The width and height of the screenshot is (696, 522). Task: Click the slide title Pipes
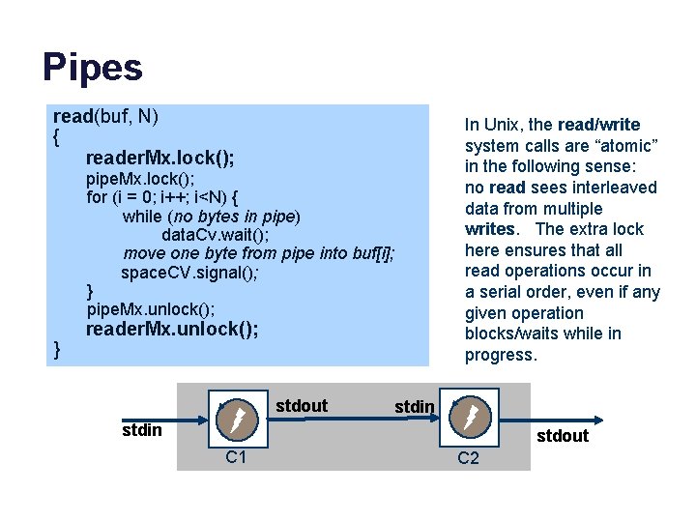(x=93, y=68)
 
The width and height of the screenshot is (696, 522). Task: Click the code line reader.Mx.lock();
(x=159, y=158)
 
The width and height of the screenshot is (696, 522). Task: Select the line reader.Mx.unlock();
(x=172, y=330)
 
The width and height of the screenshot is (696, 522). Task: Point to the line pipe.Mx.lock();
(x=140, y=179)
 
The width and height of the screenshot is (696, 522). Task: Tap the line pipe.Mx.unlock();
(x=151, y=308)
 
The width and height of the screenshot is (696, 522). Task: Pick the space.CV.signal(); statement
(x=189, y=273)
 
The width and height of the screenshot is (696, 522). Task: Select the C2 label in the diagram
(x=468, y=457)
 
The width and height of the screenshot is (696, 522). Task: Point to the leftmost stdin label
(x=142, y=427)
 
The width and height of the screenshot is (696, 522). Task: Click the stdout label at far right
(x=562, y=436)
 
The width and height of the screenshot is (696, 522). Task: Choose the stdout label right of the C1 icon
(x=302, y=406)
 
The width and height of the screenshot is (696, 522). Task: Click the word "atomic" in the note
(x=628, y=146)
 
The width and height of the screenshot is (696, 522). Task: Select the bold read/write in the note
(x=598, y=125)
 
